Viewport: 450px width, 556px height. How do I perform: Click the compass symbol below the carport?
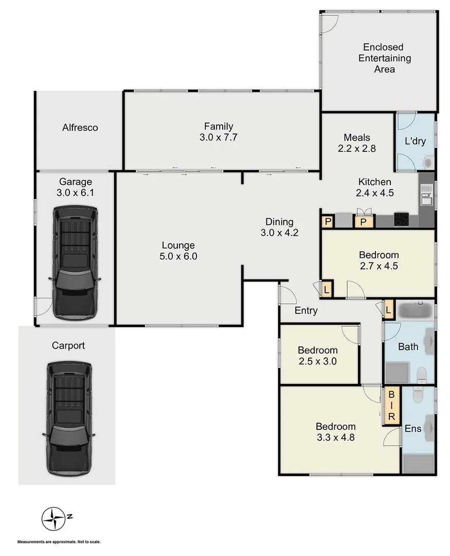tap(53, 518)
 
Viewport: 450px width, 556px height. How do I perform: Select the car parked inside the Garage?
tap(75, 263)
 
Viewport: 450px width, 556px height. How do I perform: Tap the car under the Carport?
tap(69, 418)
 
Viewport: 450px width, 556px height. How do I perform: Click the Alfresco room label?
tap(80, 128)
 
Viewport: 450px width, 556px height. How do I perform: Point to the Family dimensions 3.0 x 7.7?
tap(219, 137)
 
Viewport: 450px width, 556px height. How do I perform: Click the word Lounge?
tap(178, 246)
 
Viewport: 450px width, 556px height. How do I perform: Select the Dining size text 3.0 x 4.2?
tap(279, 232)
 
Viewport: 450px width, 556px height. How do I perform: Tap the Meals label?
tap(357, 137)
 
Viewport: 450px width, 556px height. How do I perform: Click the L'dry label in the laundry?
tap(415, 141)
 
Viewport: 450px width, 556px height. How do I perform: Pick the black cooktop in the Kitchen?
tap(402, 219)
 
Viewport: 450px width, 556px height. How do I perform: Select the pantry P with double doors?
tap(363, 222)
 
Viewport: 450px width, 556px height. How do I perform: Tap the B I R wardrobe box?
tap(391, 406)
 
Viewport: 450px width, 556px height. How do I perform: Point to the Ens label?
tap(413, 428)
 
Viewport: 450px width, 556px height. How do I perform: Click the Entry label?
tap(306, 310)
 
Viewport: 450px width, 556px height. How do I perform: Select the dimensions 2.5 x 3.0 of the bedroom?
tap(317, 361)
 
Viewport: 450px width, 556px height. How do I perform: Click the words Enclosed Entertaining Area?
tap(384, 58)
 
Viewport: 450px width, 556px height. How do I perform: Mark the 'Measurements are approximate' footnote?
tap(59, 542)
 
